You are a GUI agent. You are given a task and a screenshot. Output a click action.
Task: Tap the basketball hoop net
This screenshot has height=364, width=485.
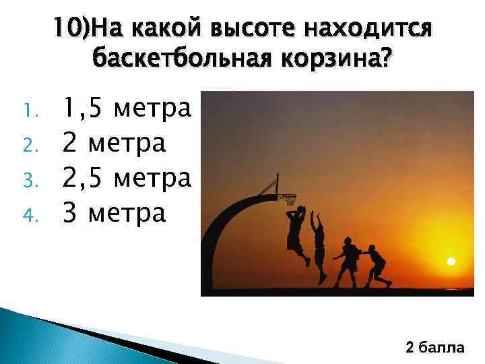pos(290,200)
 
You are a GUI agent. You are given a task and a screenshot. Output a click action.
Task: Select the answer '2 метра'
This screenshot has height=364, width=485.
pos(113,142)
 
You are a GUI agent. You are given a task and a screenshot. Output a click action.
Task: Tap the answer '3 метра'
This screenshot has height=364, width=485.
pos(113,214)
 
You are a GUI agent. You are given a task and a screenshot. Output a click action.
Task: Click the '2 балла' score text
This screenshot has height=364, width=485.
pos(434,348)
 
